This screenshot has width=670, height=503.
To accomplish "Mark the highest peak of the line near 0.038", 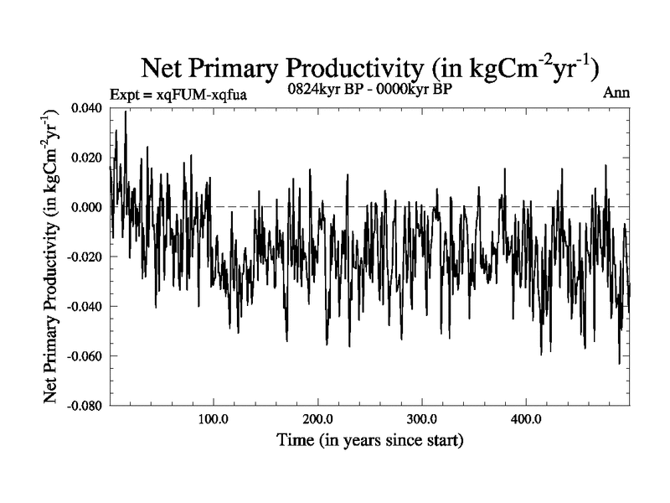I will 126,111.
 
